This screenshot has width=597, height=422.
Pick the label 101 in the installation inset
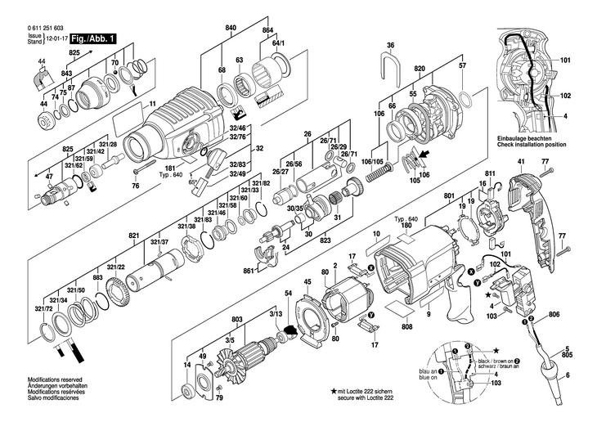[x=566, y=60]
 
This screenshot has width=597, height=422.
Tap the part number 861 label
[x=249, y=271]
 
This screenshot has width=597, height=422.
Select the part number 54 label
[x=288, y=293]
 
